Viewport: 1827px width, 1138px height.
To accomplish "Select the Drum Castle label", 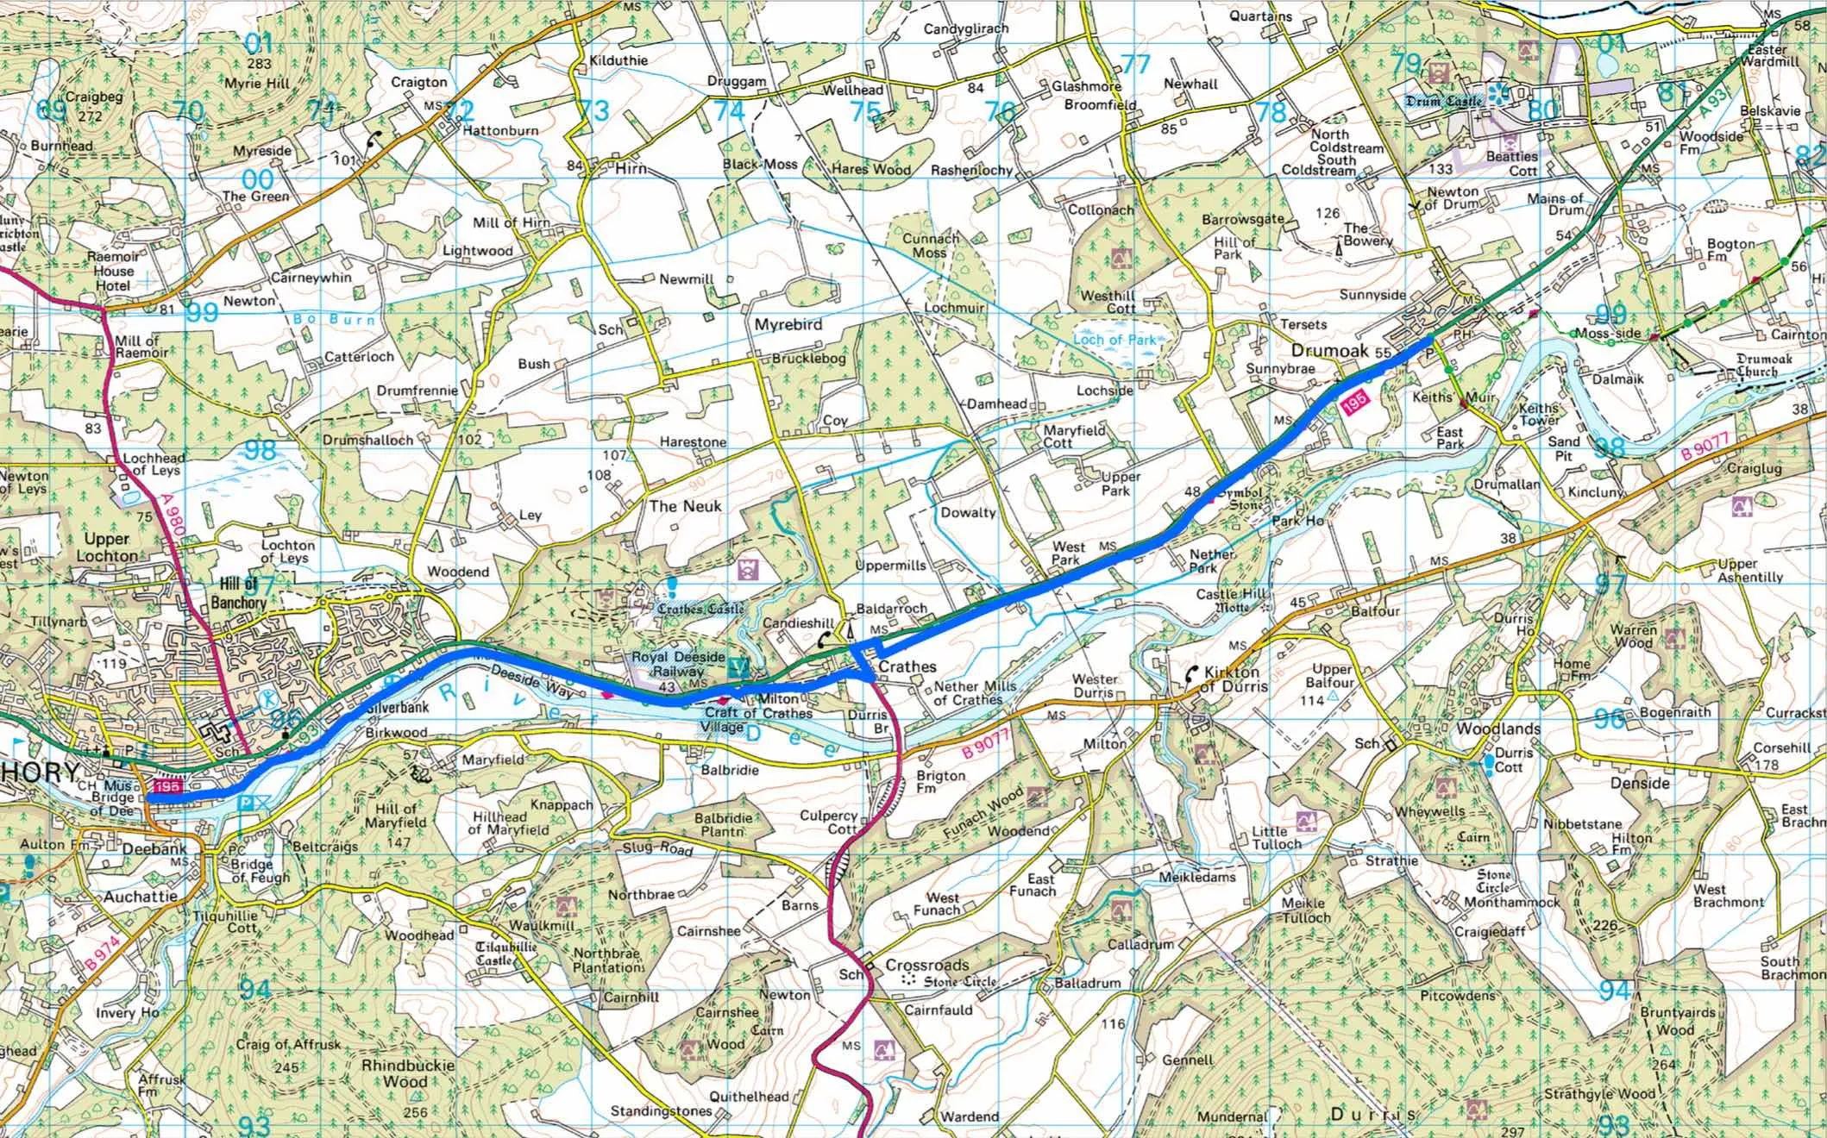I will pyautogui.click(x=1443, y=102).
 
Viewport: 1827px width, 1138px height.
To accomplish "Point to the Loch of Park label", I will pyautogui.click(x=1114, y=340).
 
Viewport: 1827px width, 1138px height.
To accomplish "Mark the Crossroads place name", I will pyautogui.click(x=927, y=965).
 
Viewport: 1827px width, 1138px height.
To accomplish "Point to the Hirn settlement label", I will pyautogui.click(x=631, y=168).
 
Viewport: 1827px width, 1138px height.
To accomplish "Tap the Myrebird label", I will pyautogui.click(x=788, y=325).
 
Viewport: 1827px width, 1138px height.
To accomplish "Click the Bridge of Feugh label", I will pyautogui.click(x=251, y=871).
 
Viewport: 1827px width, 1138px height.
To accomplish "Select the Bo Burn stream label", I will pyautogui.click(x=335, y=319).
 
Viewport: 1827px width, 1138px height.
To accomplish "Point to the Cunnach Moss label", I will pyautogui.click(x=930, y=246).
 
